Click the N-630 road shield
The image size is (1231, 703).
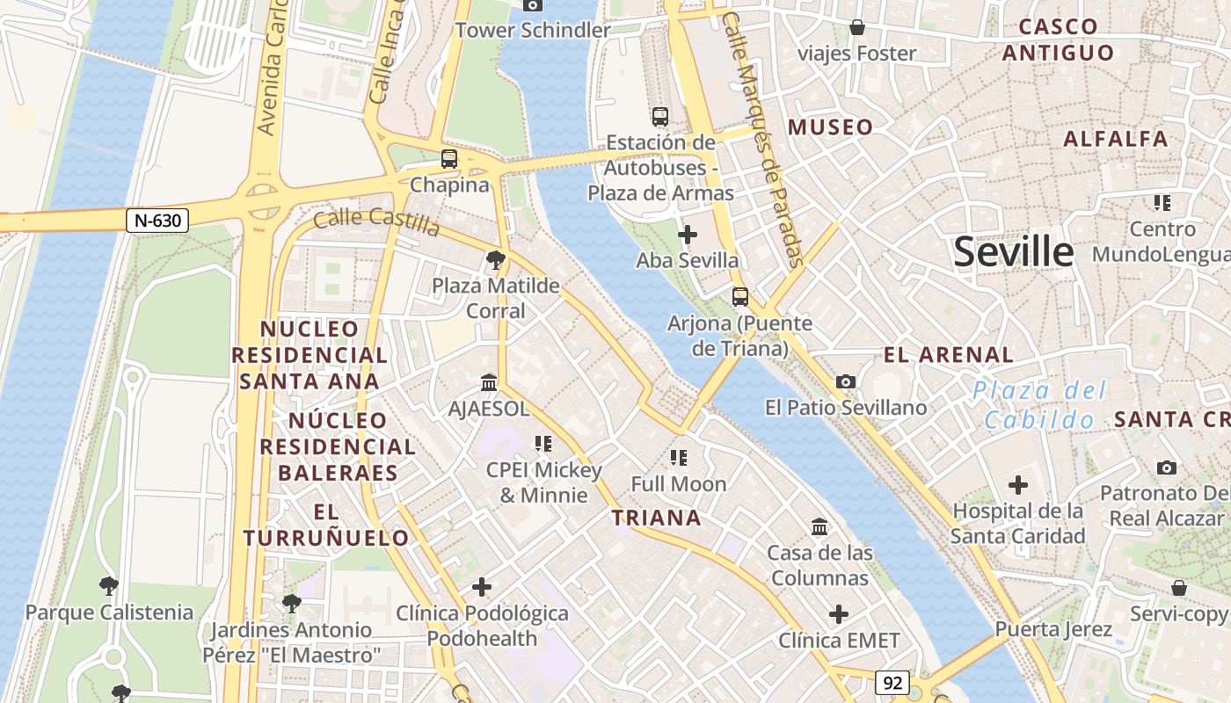(x=158, y=220)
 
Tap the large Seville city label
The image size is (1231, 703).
(x=1013, y=252)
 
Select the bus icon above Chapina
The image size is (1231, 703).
(x=448, y=159)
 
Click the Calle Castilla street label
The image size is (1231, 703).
(x=376, y=221)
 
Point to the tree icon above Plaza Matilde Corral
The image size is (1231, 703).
(x=495, y=259)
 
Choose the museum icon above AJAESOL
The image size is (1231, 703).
(x=489, y=383)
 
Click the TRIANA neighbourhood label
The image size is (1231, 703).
(x=656, y=518)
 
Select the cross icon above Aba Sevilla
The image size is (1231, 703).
(x=688, y=235)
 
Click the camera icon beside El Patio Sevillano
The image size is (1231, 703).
(x=846, y=381)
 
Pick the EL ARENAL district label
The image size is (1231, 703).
(x=948, y=355)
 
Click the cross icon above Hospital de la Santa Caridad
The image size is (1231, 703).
(x=1018, y=484)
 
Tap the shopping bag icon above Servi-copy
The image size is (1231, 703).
(x=1178, y=587)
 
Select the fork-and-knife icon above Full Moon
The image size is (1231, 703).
(x=678, y=457)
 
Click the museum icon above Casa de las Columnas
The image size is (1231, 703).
(x=819, y=526)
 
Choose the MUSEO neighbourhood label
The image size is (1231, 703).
(x=830, y=127)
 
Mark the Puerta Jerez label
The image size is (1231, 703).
(x=1053, y=629)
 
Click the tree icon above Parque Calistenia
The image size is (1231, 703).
(x=108, y=585)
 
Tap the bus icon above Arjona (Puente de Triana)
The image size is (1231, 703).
(x=740, y=297)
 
